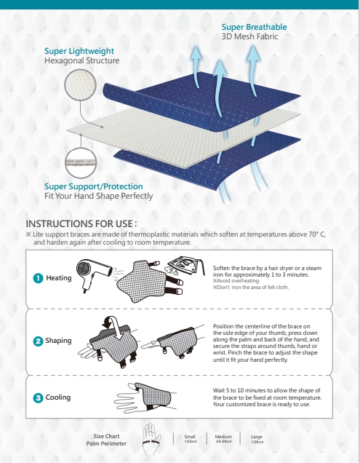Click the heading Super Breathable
click(254, 27)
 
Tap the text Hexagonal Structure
click(82, 60)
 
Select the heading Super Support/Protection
click(94, 186)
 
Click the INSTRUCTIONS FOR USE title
click(81, 223)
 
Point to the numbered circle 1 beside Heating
click(38, 278)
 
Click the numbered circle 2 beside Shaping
click(38, 341)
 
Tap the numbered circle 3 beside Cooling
click(38, 397)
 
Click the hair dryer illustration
click(94, 274)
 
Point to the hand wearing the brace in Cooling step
click(145, 397)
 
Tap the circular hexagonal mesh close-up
click(80, 84)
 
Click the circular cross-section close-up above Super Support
click(81, 162)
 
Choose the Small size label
click(190, 438)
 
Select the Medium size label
click(223, 438)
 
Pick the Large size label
click(257, 438)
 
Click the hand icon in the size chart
click(151, 439)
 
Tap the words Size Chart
click(106, 436)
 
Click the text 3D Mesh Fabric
click(250, 36)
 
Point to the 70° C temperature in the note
click(317, 234)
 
